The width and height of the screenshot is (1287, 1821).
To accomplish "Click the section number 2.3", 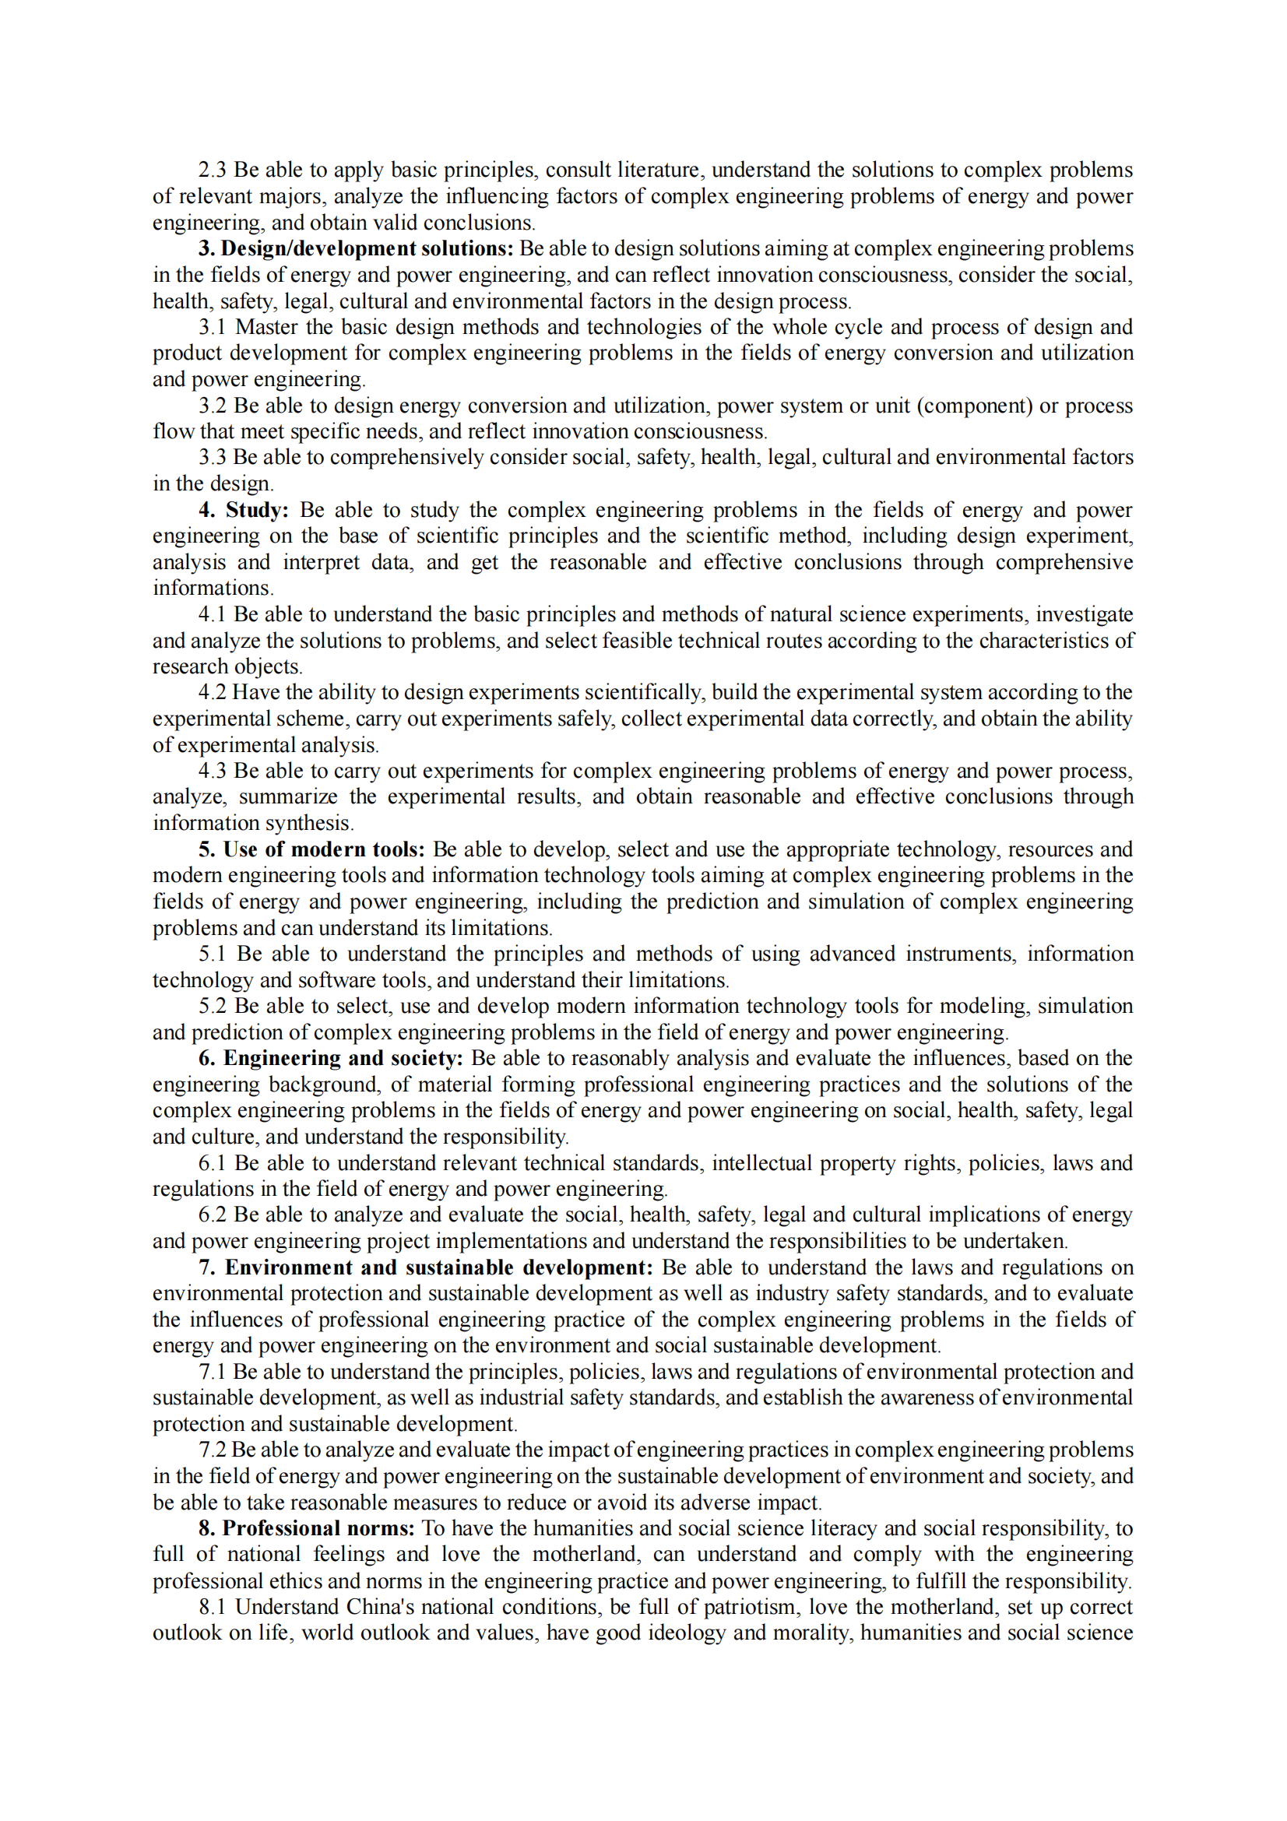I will (x=212, y=170).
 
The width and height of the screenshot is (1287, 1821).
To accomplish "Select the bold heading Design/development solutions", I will (x=367, y=248).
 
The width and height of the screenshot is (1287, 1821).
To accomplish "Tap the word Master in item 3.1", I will (x=265, y=327).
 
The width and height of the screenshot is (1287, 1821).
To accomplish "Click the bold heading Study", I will (x=256, y=510).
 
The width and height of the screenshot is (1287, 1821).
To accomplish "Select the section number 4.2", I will (x=212, y=692).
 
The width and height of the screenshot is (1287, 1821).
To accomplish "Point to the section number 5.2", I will (x=212, y=1006).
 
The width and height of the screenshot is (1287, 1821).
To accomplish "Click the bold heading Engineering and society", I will (x=343, y=1058).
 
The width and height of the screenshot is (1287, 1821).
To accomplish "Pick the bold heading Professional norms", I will (x=318, y=1528).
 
